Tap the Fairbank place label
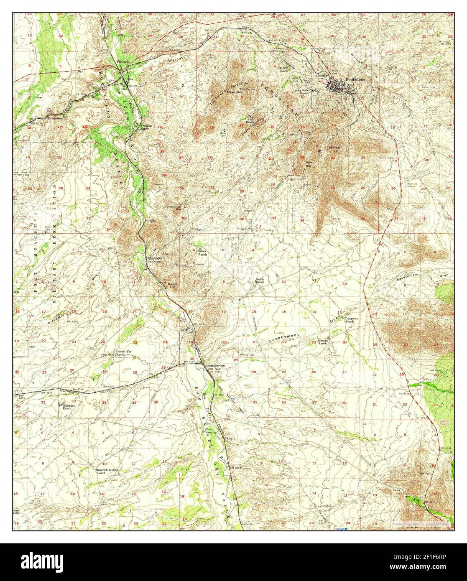123,61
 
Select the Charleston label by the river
155,259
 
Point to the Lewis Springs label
216,366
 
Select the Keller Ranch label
260,281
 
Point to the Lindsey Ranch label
202,252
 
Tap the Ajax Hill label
309,163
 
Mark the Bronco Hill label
173,285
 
